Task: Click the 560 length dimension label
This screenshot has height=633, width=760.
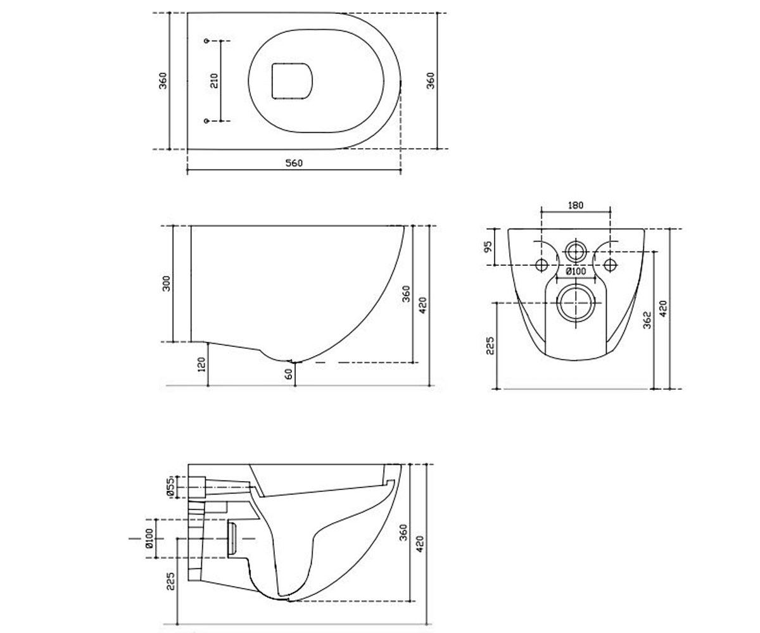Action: pos(294,163)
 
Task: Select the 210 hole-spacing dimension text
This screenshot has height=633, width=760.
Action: pos(215,80)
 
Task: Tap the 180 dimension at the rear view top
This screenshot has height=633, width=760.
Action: pos(576,206)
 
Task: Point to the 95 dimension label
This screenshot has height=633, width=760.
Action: pos(488,246)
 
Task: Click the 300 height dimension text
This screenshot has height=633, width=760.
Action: pos(166,284)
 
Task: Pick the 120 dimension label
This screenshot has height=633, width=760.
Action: pos(201,364)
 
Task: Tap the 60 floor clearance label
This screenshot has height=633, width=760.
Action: pos(288,373)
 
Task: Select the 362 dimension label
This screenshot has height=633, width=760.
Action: pos(647,320)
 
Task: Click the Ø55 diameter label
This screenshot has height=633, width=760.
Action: pos(170,487)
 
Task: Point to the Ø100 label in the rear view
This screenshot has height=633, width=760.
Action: pos(576,271)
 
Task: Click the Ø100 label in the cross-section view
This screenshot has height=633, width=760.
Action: pos(149,539)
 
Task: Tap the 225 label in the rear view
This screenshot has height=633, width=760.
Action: pos(490,345)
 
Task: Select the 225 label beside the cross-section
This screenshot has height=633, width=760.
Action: pos(170,581)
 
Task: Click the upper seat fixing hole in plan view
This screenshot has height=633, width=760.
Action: pos(206,41)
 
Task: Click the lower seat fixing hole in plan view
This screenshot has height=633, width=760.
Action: pos(206,120)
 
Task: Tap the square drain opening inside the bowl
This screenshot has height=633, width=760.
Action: pos(292,81)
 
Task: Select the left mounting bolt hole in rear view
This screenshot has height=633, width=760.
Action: pos(541,265)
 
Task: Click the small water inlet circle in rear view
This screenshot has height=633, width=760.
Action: pos(576,251)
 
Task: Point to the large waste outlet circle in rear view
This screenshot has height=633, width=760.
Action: pos(576,303)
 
